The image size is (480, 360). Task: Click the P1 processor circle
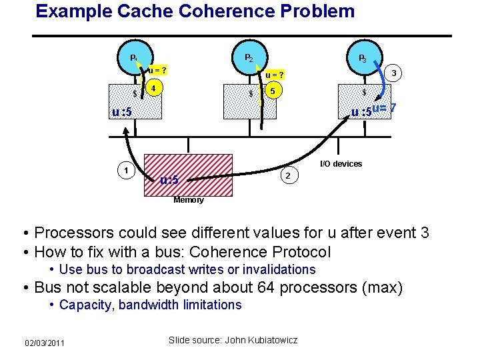point(135,58)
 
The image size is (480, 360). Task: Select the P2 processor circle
point(248,58)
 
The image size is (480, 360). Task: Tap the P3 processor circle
point(362,59)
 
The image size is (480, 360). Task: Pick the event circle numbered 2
point(287,175)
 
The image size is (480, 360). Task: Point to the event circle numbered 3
point(395,73)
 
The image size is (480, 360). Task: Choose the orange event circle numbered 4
point(154,89)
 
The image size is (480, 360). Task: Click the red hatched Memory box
point(191,175)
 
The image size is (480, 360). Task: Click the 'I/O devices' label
point(341,164)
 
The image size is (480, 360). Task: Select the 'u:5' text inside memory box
point(169,180)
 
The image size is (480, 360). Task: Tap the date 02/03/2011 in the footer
point(45,343)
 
